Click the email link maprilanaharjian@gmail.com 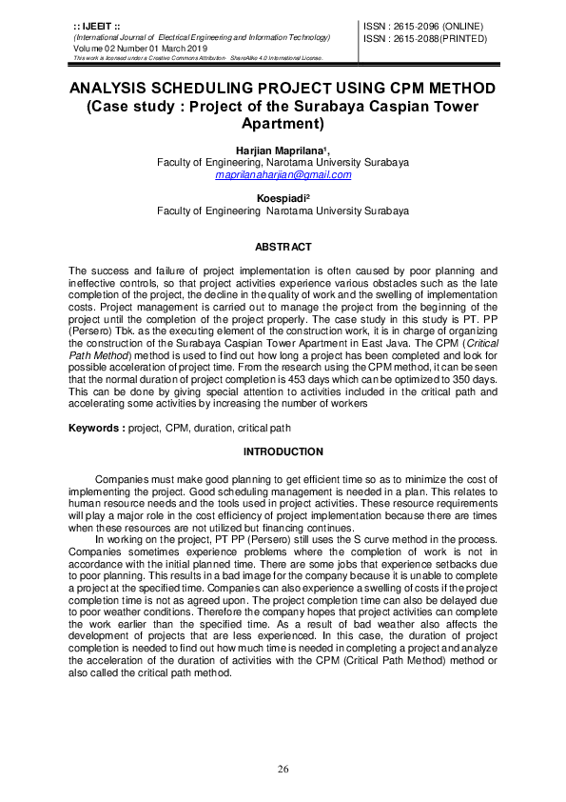click(283, 175)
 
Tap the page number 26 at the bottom click(283, 770)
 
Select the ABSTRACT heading click(283, 247)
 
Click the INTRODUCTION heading click(283, 451)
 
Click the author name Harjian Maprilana click(282, 150)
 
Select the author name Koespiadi click(283, 198)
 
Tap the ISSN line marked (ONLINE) click(422, 26)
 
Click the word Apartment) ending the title click(283, 124)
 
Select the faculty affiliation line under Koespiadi click(283, 211)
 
